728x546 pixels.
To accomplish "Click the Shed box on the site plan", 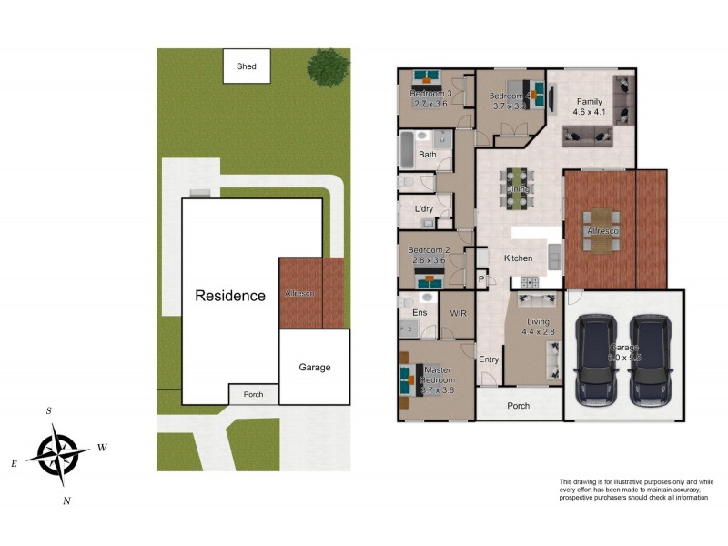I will point(247,66).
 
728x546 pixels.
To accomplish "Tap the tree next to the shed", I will point(328,66).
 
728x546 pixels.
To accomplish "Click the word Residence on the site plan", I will point(230,296).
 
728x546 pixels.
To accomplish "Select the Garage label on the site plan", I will point(315,368).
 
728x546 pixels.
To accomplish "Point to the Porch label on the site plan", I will point(253,395).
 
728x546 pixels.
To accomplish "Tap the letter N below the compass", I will point(66,500).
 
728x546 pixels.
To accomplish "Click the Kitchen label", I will point(519,258).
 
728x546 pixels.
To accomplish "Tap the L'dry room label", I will point(423,209).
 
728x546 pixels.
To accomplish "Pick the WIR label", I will point(459,312).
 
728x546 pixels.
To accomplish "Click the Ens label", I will point(420,313).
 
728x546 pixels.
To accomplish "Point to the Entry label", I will point(489,359).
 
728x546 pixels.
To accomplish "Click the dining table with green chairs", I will point(518,188).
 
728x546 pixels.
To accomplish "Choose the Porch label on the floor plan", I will point(519,406).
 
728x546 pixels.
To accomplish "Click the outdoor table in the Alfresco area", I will point(602,231).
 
